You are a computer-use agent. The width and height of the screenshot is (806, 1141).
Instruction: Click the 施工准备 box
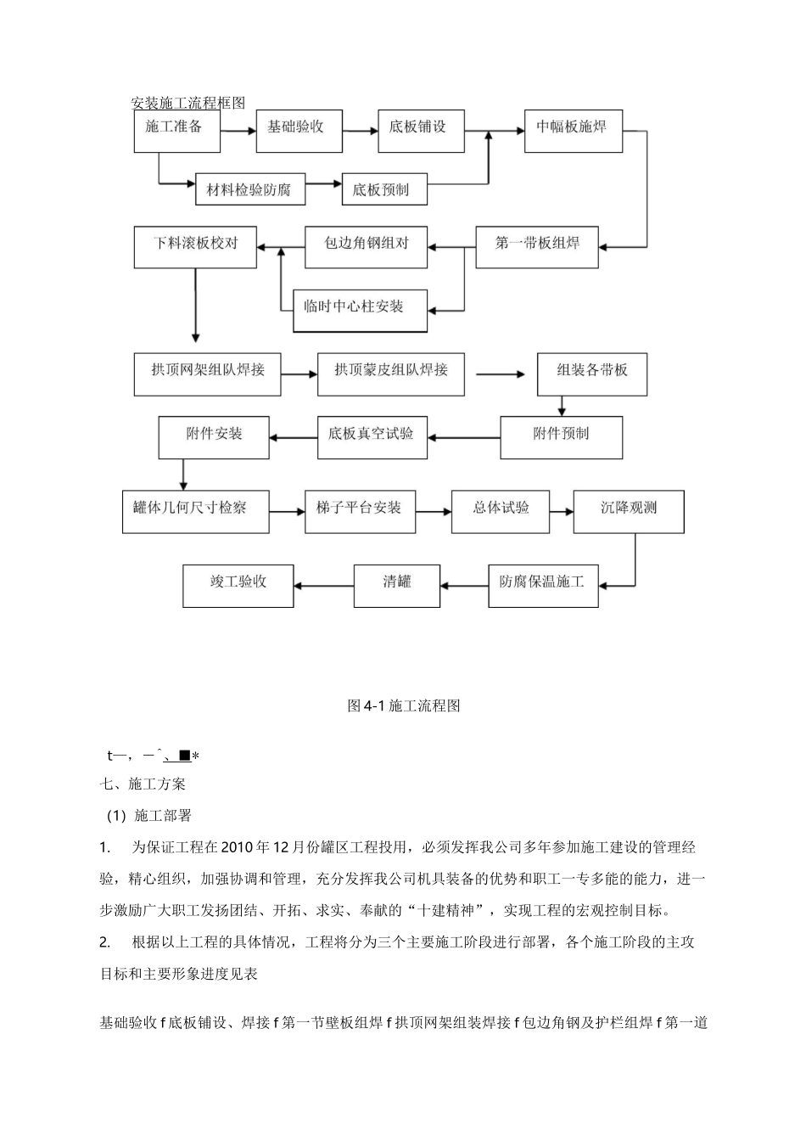tap(176, 131)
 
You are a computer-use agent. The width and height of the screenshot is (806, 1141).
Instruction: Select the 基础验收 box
tap(299, 131)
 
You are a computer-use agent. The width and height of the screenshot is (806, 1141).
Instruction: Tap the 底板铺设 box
tap(421, 131)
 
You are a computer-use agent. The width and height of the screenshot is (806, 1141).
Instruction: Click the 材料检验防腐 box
tap(250, 190)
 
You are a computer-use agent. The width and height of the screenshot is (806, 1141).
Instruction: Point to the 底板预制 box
tap(384, 190)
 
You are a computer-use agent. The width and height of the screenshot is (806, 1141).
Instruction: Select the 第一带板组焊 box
tap(538, 246)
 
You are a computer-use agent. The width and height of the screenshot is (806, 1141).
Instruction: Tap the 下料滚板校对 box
tap(195, 246)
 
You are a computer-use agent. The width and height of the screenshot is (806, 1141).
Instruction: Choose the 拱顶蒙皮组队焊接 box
tap(391, 374)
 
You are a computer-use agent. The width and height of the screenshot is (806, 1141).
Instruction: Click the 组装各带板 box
tap(592, 374)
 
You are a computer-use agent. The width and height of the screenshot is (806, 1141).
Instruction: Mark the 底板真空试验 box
tap(372, 437)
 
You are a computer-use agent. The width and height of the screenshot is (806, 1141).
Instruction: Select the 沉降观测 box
tap(629, 512)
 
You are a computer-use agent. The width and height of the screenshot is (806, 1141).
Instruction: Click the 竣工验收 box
tap(238, 586)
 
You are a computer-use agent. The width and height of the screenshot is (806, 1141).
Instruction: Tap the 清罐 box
tap(397, 586)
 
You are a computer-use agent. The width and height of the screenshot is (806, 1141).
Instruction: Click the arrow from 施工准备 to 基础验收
tap(238, 132)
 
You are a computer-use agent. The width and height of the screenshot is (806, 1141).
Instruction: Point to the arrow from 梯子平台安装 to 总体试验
tap(434, 512)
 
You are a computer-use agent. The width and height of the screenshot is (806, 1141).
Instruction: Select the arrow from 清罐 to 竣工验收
tap(323, 586)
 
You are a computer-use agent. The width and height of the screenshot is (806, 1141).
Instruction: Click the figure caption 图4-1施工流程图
tap(404, 705)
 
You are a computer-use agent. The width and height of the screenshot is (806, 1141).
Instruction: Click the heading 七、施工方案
tap(143, 784)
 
